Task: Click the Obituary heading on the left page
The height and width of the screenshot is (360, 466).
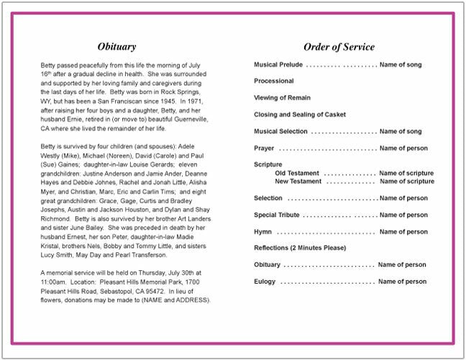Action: point(116,47)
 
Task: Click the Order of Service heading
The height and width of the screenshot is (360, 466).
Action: point(339,47)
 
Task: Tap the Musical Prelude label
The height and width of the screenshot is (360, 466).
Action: point(278,65)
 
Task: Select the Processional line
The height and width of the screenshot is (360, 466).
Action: point(274,81)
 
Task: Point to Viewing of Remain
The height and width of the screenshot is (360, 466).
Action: point(282,98)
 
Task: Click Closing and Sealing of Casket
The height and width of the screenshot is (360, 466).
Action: point(300,114)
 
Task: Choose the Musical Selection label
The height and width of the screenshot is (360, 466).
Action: point(280,131)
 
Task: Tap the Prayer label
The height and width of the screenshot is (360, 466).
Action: point(264,148)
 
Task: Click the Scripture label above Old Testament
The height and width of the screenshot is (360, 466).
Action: point(268,165)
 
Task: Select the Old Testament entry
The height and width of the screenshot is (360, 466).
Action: point(298,173)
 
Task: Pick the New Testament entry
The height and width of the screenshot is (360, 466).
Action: point(299,181)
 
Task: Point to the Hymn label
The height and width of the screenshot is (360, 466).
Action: point(262,231)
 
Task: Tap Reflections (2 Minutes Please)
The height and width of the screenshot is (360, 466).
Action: point(300,248)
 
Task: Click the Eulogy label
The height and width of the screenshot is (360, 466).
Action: point(265,281)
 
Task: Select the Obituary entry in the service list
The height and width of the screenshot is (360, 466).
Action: point(268,264)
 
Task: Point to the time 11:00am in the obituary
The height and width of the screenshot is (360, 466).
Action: point(53,282)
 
